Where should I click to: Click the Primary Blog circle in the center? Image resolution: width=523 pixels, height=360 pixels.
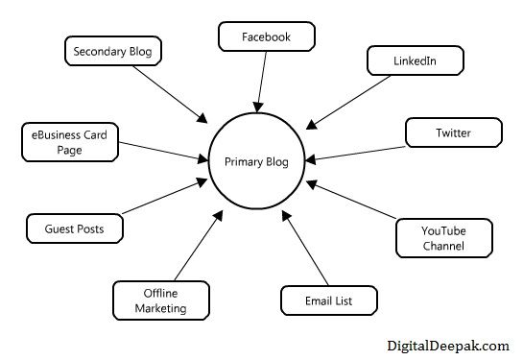(256, 160)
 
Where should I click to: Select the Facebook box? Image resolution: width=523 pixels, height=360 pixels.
(266, 37)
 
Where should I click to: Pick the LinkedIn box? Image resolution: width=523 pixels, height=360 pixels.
(415, 61)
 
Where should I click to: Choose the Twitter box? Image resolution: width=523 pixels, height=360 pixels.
(451, 132)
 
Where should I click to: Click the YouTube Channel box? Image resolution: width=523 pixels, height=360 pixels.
(443, 237)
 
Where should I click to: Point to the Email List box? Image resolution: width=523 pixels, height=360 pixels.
(329, 300)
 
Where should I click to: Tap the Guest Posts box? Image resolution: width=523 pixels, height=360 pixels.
(73, 229)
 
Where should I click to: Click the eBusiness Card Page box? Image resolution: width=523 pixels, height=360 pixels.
(68, 143)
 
